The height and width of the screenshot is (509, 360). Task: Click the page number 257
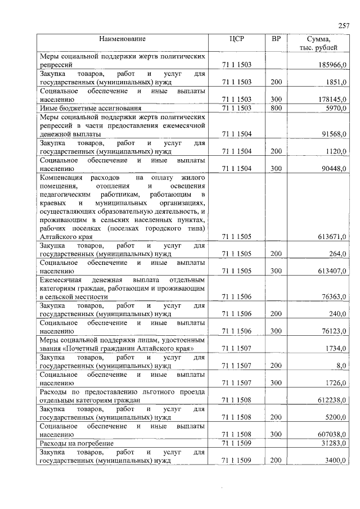[x=344, y=25]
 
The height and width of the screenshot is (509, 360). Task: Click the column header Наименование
[x=122, y=39]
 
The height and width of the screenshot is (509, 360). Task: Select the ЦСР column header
[x=236, y=39]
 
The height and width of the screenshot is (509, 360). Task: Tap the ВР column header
[x=276, y=39]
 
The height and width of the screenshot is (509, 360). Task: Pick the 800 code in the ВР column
[x=276, y=108]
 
